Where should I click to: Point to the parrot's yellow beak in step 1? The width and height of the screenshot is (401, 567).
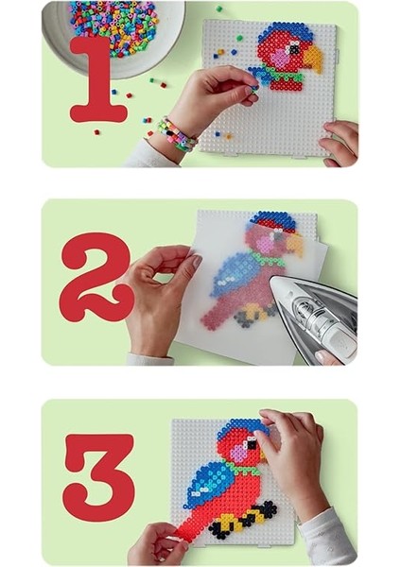click(x=312, y=60)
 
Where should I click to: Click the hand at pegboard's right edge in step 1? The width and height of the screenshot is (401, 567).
click(x=340, y=141)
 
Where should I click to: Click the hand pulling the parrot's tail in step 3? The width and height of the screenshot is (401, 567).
click(x=156, y=543)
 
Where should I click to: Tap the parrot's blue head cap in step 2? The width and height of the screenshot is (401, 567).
click(x=270, y=222)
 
